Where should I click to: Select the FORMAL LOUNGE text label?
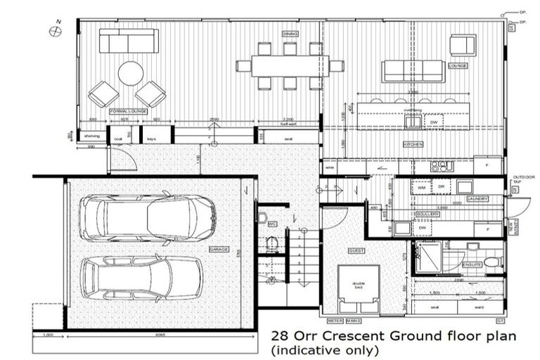[x=127, y=111]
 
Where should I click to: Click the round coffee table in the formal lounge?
[x=131, y=73]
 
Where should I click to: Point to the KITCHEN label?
[x=413, y=143]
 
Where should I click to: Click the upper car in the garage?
[x=146, y=217]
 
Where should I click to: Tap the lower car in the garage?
[x=141, y=276]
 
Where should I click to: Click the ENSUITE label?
[x=472, y=265]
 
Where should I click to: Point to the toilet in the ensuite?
[x=492, y=262]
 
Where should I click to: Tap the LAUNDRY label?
[x=477, y=199]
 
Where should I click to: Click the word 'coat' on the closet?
[x=118, y=139]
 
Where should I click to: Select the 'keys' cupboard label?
[x=150, y=139]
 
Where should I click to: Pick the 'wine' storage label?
[x=329, y=168]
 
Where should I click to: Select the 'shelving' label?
[x=91, y=136]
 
